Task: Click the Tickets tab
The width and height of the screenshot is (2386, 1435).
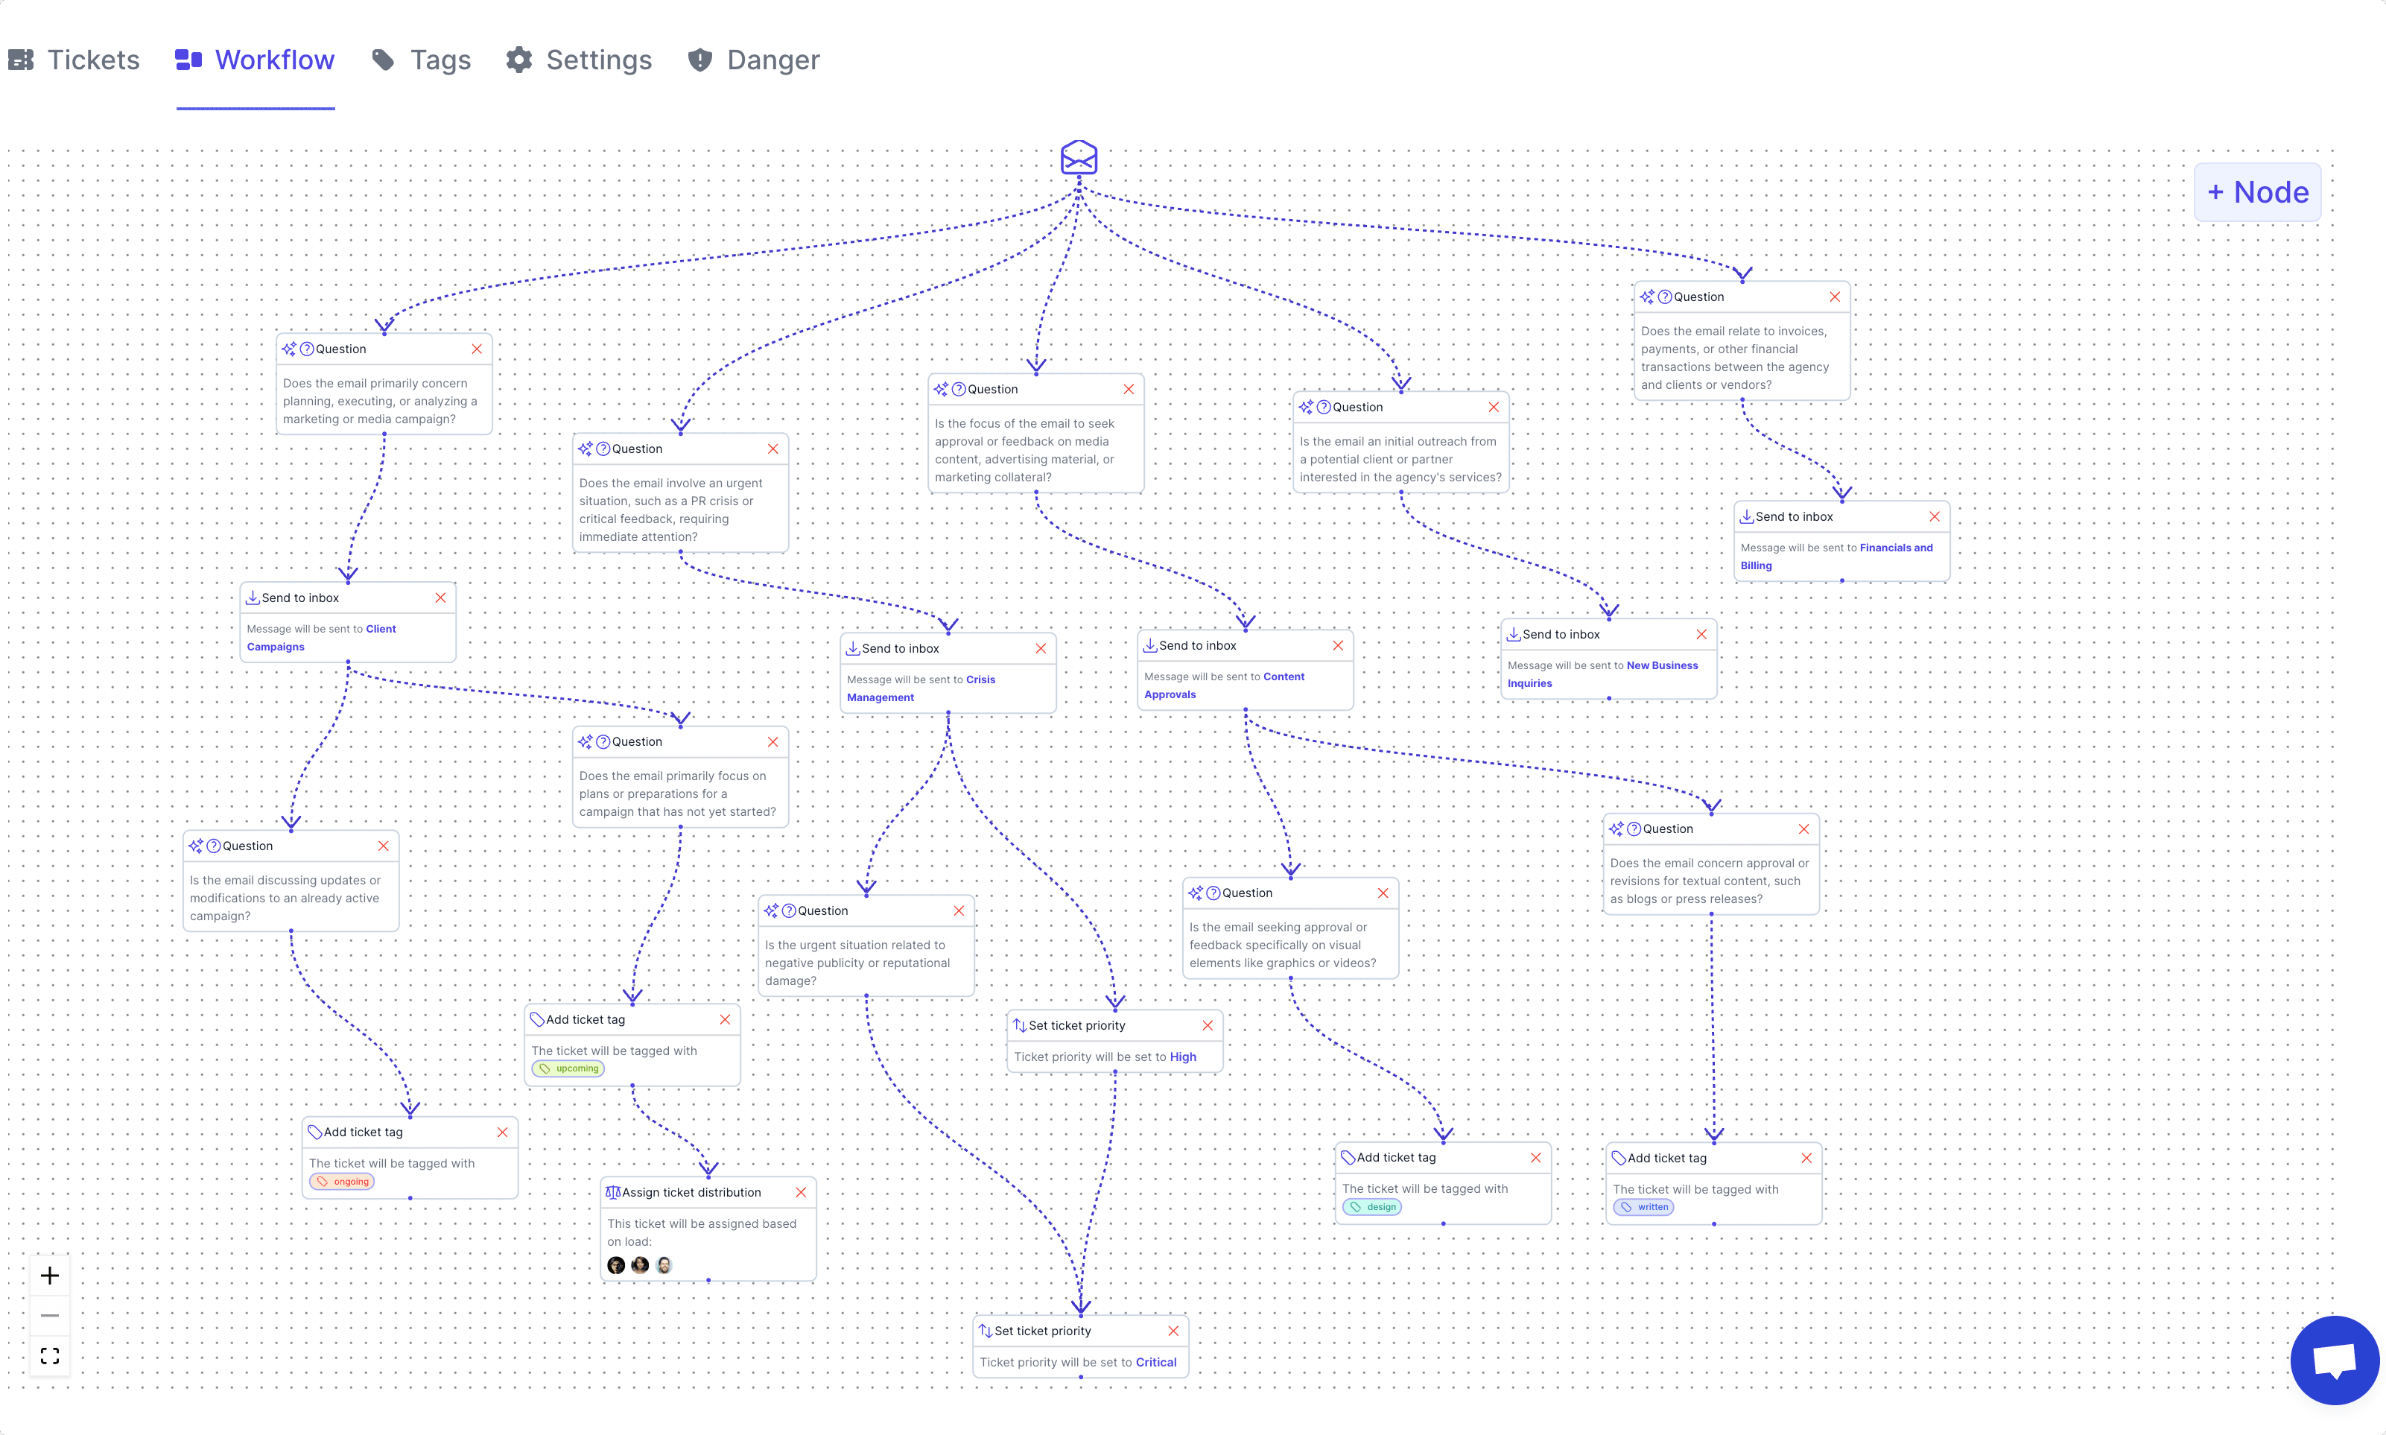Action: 74,60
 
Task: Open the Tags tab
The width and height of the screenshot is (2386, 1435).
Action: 422,60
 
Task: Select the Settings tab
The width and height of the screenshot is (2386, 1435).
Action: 579,60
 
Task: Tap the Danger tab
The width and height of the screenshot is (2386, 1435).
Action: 754,60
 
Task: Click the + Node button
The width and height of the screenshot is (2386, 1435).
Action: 2257,192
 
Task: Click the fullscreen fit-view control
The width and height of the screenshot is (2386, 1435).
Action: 50,1356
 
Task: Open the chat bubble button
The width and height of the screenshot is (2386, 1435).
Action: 2334,1360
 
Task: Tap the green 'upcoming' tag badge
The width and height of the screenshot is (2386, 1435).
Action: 568,1068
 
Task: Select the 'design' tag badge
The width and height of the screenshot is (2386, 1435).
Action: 1373,1207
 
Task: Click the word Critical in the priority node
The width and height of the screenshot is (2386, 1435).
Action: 1156,1363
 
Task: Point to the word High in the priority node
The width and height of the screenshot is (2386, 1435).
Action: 1184,1057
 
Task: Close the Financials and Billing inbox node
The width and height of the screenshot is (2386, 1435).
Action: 1935,516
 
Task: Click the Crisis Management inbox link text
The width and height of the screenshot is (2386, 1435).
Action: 921,688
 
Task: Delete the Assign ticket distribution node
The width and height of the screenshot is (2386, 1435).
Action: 801,1192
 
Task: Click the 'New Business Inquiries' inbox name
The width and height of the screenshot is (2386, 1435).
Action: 1603,674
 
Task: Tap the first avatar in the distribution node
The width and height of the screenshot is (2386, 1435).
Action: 616,1265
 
